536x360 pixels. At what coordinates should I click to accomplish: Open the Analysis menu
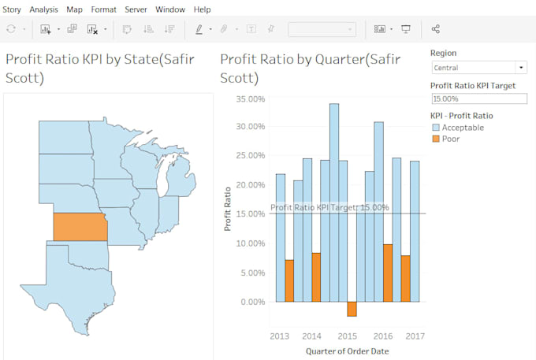click(44, 9)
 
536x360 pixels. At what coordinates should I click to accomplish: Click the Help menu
click(202, 9)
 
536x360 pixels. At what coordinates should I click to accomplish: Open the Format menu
click(103, 9)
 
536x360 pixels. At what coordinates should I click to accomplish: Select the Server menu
click(136, 9)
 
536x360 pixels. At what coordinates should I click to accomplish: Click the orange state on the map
click(80, 226)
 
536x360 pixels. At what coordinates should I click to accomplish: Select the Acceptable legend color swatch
click(435, 128)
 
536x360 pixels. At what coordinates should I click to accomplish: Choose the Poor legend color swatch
click(435, 139)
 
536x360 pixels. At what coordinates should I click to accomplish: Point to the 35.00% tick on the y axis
click(250, 99)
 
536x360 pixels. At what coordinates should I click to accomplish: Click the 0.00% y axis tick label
click(252, 302)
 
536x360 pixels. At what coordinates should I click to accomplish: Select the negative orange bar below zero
click(352, 309)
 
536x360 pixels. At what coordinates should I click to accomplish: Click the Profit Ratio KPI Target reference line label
click(329, 208)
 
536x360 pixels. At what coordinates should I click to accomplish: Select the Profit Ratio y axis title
click(227, 208)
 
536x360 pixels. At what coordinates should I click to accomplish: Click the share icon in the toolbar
click(436, 29)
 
